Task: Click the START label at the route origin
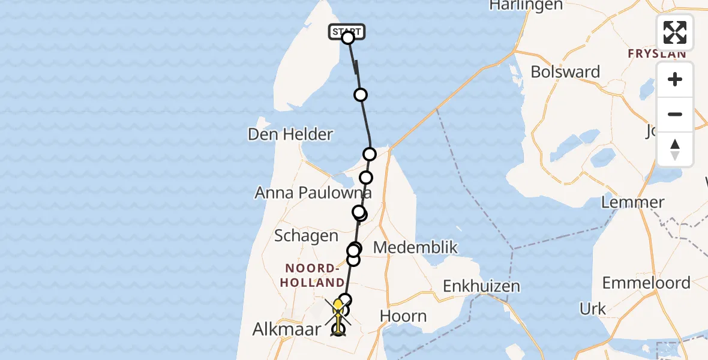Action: (x=347, y=31)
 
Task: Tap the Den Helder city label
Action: (x=290, y=134)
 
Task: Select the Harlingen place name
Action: (x=526, y=5)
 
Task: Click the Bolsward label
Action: (x=565, y=72)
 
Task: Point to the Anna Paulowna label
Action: (x=313, y=193)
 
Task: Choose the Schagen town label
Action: (x=306, y=236)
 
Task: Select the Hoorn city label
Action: (x=403, y=316)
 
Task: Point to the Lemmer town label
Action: (x=632, y=202)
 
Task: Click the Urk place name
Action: (x=593, y=309)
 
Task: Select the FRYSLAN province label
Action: (x=656, y=54)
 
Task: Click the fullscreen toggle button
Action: (x=675, y=32)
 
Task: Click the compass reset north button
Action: (x=675, y=149)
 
